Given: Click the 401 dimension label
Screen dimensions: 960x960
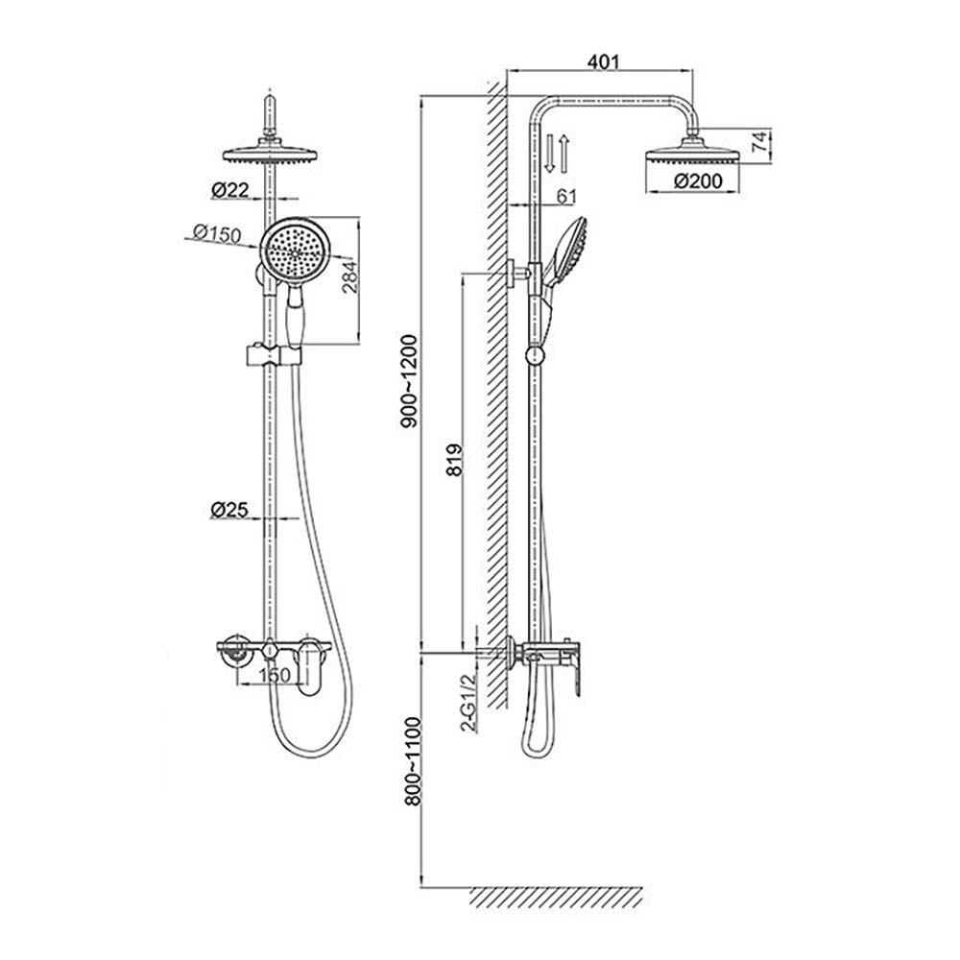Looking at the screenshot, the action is pos(603,61).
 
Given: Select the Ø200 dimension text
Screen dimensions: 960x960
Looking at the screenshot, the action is pos(698,181).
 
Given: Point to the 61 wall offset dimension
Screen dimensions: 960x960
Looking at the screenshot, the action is pos(566,197).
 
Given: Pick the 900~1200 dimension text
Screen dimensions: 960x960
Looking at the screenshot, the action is pos(408,381).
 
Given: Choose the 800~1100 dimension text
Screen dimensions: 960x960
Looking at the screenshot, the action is pos(413,761).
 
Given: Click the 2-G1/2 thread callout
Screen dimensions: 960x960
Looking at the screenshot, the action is pos(468,703).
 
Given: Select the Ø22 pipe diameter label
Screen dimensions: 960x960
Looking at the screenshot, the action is pos(230,190).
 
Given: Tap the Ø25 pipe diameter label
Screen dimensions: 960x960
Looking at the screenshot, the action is pos(229,510).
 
